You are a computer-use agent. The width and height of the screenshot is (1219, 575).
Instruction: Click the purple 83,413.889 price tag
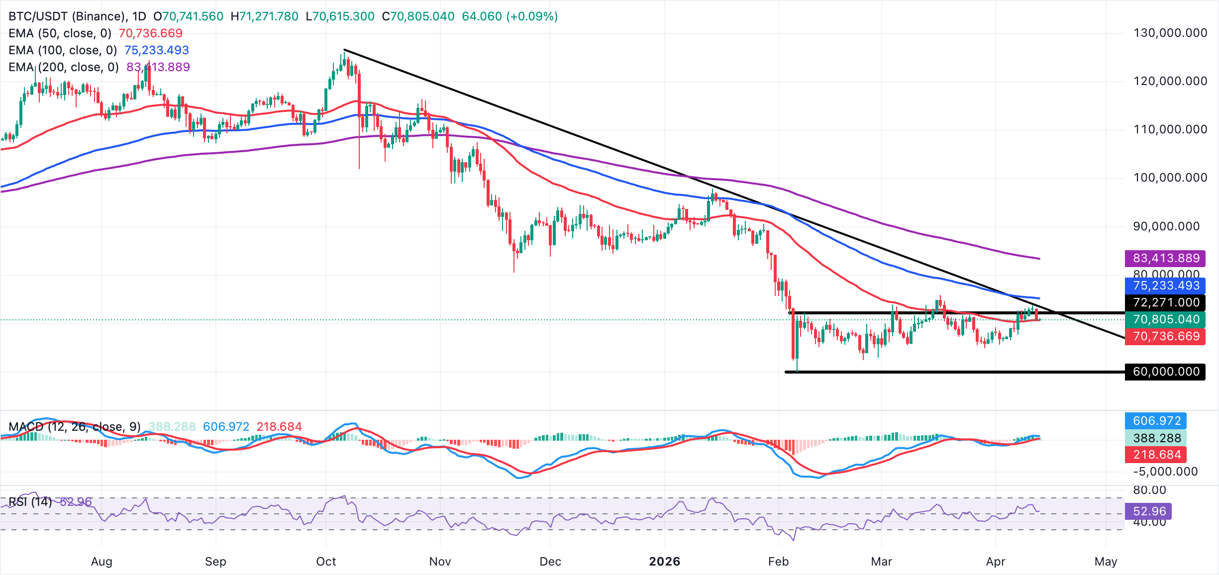click(x=1165, y=258)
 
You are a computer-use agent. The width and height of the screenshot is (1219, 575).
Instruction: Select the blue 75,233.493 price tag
click(x=1165, y=286)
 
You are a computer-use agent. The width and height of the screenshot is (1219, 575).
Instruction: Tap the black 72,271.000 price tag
click(x=1165, y=302)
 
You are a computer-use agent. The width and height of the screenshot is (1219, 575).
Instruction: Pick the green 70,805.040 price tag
click(x=1165, y=319)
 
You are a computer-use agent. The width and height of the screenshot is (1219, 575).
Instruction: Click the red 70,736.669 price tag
click(x=1165, y=336)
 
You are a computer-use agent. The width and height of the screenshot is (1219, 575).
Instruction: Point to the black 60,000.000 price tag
click(x=1165, y=372)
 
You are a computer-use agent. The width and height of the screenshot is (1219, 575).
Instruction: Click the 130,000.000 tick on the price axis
click(x=1170, y=33)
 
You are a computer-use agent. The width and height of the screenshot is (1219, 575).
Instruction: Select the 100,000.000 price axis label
click(x=1170, y=178)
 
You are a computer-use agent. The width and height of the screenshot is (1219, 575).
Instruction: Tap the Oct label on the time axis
click(x=326, y=562)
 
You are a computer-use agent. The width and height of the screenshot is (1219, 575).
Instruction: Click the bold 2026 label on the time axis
click(x=664, y=562)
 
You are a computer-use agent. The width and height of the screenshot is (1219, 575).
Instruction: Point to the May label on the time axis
click(x=1106, y=562)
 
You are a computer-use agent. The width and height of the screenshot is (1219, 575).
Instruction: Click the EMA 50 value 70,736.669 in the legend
click(x=150, y=33)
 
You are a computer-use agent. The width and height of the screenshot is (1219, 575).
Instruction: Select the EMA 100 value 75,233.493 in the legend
click(x=156, y=50)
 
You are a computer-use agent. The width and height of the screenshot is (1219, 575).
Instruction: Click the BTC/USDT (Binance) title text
click(x=67, y=16)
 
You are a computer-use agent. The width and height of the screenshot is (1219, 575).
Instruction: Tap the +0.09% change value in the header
click(x=532, y=16)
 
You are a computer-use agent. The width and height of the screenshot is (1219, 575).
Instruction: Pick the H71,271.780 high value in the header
click(x=264, y=16)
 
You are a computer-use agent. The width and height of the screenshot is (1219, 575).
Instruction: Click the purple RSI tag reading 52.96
click(x=1149, y=511)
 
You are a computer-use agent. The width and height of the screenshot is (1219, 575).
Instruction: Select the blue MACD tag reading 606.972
click(x=1156, y=421)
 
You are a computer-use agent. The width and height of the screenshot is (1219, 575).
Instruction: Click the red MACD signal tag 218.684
click(x=1156, y=455)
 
